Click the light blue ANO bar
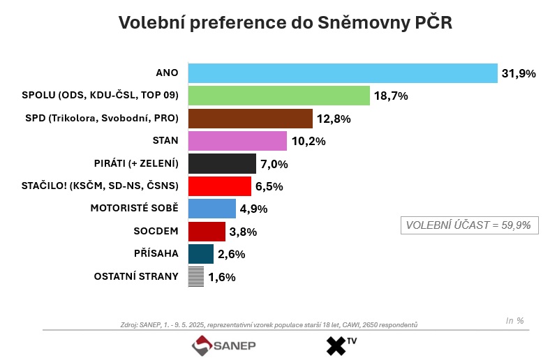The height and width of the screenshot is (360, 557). (342, 73)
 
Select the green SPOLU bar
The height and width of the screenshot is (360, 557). (278, 96)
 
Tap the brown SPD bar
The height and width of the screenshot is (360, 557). (250, 119)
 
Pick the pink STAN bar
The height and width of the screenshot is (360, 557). (237, 141)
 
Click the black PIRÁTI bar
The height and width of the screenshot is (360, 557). (222, 163)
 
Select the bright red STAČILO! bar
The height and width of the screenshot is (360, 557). (219, 186)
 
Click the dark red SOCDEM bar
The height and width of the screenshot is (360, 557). (207, 232)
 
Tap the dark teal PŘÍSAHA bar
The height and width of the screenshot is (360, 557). (200, 254)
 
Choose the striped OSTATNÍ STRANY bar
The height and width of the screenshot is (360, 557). (196, 276)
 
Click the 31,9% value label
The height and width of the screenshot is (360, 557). (518, 73)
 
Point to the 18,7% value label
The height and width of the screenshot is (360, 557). (391, 96)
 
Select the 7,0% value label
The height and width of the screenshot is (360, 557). (274, 164)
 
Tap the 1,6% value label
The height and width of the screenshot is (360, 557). (222, 277)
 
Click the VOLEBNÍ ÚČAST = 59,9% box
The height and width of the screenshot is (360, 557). (468, 225)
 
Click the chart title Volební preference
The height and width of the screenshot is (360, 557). (285, 22)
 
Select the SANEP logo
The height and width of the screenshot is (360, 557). (224, 345)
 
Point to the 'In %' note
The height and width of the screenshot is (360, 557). (514, 320)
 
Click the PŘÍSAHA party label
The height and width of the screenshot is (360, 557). (156, 254)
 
